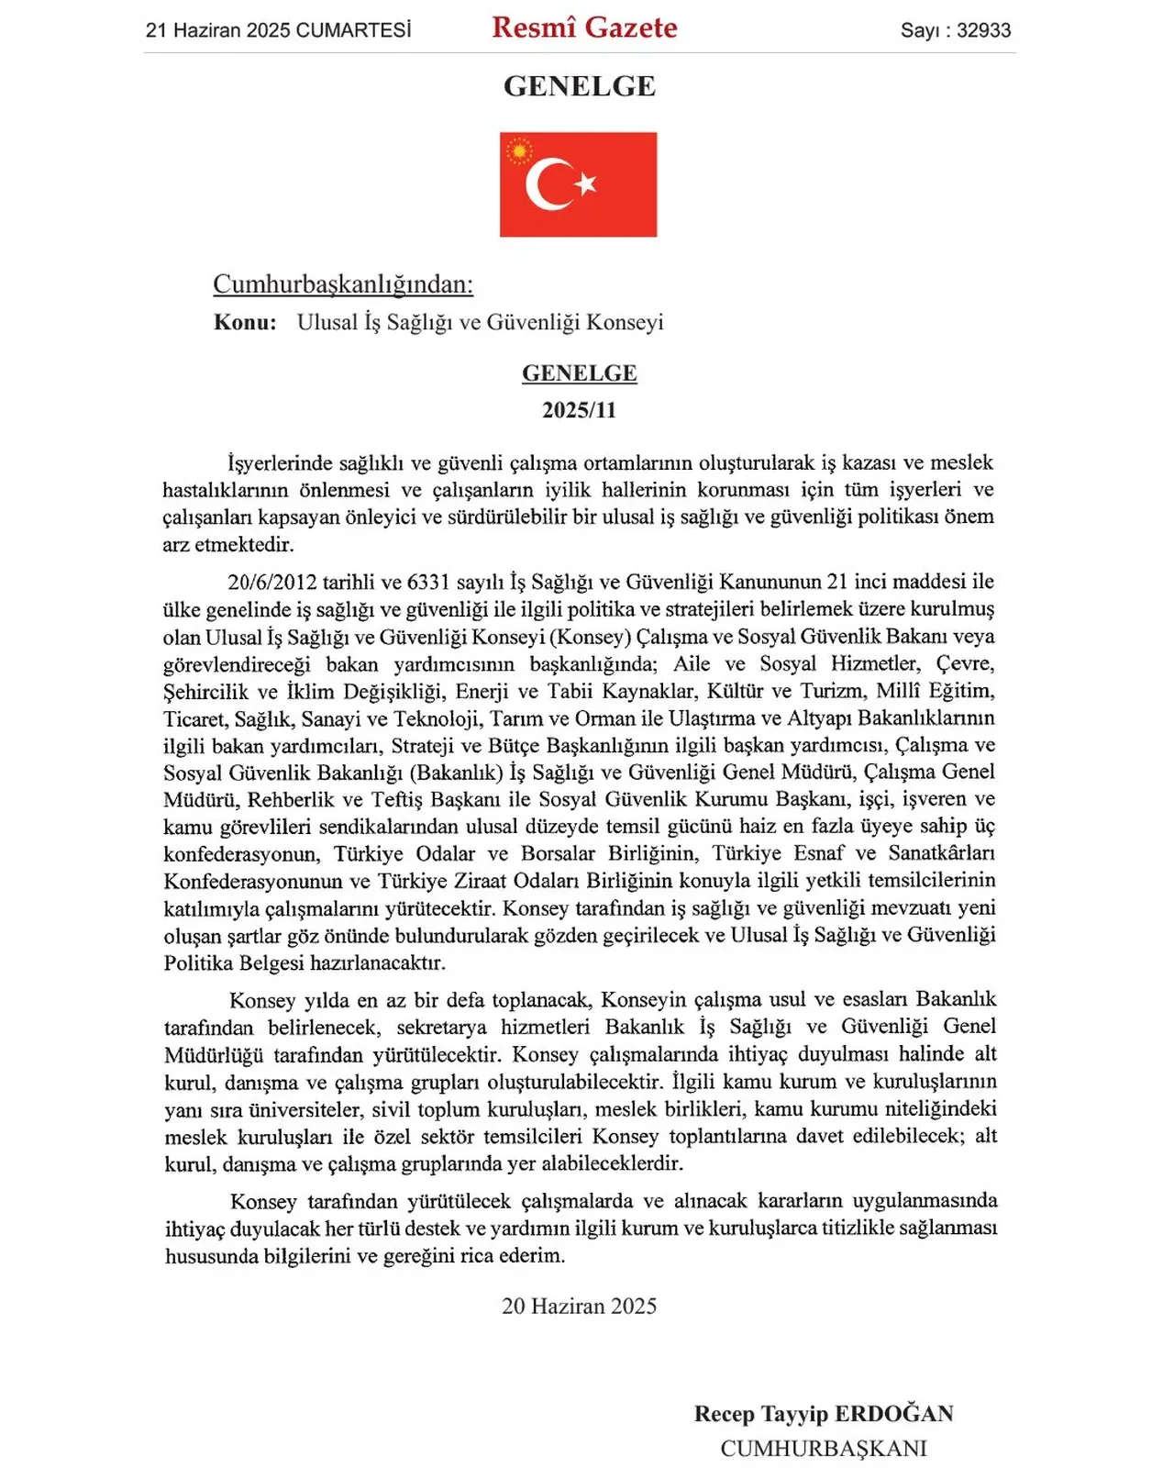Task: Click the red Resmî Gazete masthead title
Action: point(584,28)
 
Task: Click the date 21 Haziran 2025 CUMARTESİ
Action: point(278,30)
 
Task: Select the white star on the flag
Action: point(586,183)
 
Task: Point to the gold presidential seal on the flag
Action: point(519,150)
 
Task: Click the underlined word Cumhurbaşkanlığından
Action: point(343,284)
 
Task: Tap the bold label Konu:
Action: point(245,322)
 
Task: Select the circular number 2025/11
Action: point(579,410)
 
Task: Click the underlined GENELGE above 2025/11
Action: point(579,373)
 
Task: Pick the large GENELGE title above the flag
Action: point(579,86)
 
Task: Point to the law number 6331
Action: point(428,582)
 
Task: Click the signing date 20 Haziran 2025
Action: point(579,1306)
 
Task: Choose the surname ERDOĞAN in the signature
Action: point(894,1414)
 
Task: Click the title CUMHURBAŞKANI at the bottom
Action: point(823,1449)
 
